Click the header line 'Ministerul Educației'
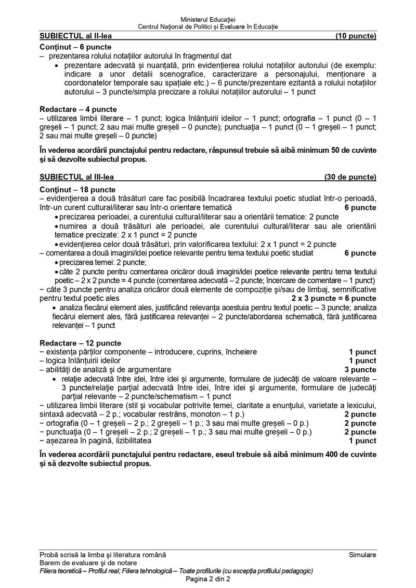207,19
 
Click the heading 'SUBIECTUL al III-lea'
76,177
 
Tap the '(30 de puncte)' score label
350,177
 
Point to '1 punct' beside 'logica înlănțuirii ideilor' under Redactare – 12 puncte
362,360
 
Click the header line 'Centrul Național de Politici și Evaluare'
207,26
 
